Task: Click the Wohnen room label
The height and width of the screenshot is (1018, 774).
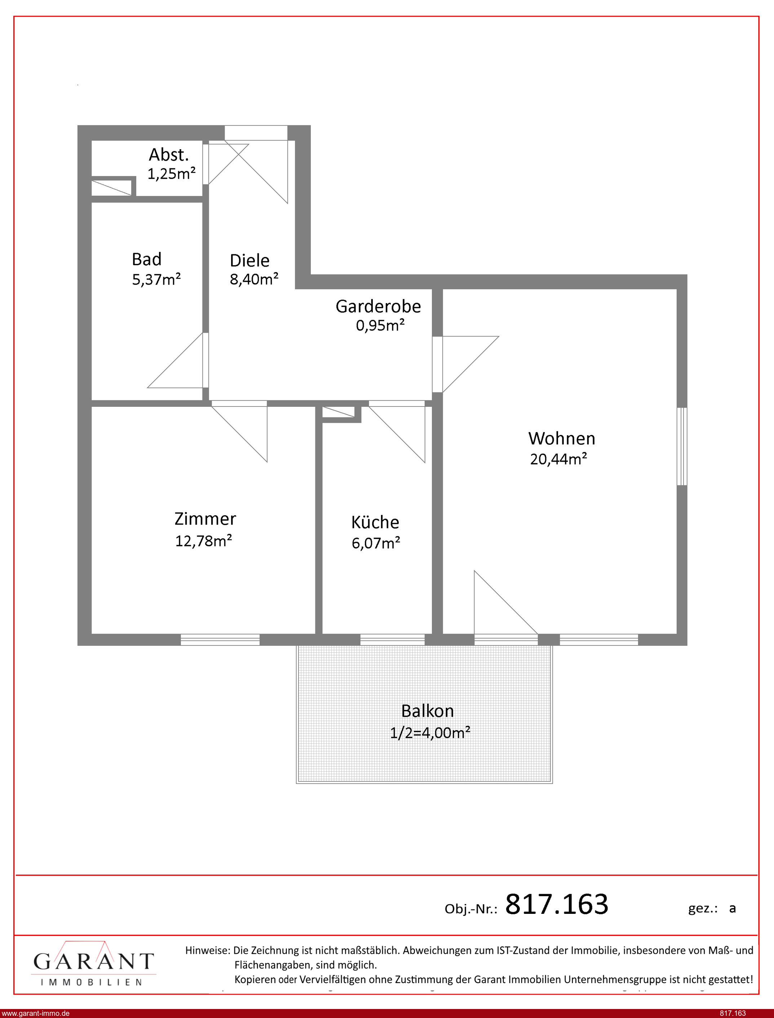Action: [562, 438]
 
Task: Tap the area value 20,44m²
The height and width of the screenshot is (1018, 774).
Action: [558, 459]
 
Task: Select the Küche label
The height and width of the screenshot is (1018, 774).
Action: [375, 522]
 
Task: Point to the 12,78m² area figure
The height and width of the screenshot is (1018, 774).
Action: [203, 541]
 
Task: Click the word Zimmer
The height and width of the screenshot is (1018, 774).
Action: [205, 519]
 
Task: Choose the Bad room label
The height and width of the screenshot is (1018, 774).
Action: [146, 259]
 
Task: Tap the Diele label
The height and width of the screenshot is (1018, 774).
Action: [249, 261]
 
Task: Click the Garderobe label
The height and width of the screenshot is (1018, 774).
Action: [378, 306]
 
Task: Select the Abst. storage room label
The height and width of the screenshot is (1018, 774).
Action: [169, 155]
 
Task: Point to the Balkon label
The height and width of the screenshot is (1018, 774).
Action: [428, 711]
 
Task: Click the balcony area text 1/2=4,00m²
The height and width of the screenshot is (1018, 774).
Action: [430, 732]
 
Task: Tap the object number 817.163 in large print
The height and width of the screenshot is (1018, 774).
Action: [557, 904]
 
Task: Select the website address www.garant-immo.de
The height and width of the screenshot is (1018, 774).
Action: [35, 1013]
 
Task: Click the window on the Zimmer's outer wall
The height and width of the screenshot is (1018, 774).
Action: [220, 640]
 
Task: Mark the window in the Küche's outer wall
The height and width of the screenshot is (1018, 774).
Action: [393, 640]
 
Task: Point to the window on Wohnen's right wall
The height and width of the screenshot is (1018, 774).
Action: [682, 446]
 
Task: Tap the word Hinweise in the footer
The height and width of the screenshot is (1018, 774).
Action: [207, 950]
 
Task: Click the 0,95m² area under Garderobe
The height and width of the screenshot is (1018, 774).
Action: [380, 325]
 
